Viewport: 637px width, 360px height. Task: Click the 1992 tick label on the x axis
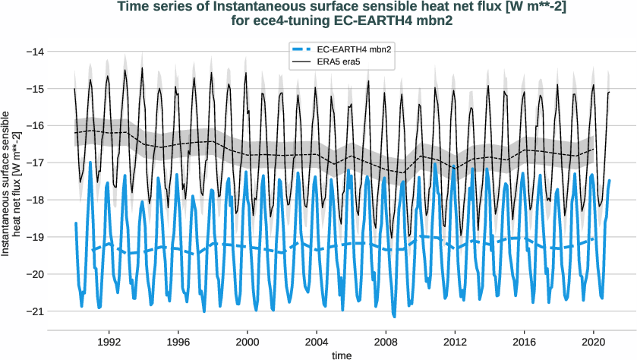(109, 342)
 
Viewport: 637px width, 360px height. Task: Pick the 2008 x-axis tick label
(386, 342)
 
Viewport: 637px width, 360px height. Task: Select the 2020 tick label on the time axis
(594, 342)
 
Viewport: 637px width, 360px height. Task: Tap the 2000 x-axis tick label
(247, 342)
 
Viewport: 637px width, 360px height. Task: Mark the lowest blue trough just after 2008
(394, 316)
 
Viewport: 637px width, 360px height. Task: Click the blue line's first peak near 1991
(91, 162)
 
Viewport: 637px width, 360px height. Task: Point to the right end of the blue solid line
(610, 180)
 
